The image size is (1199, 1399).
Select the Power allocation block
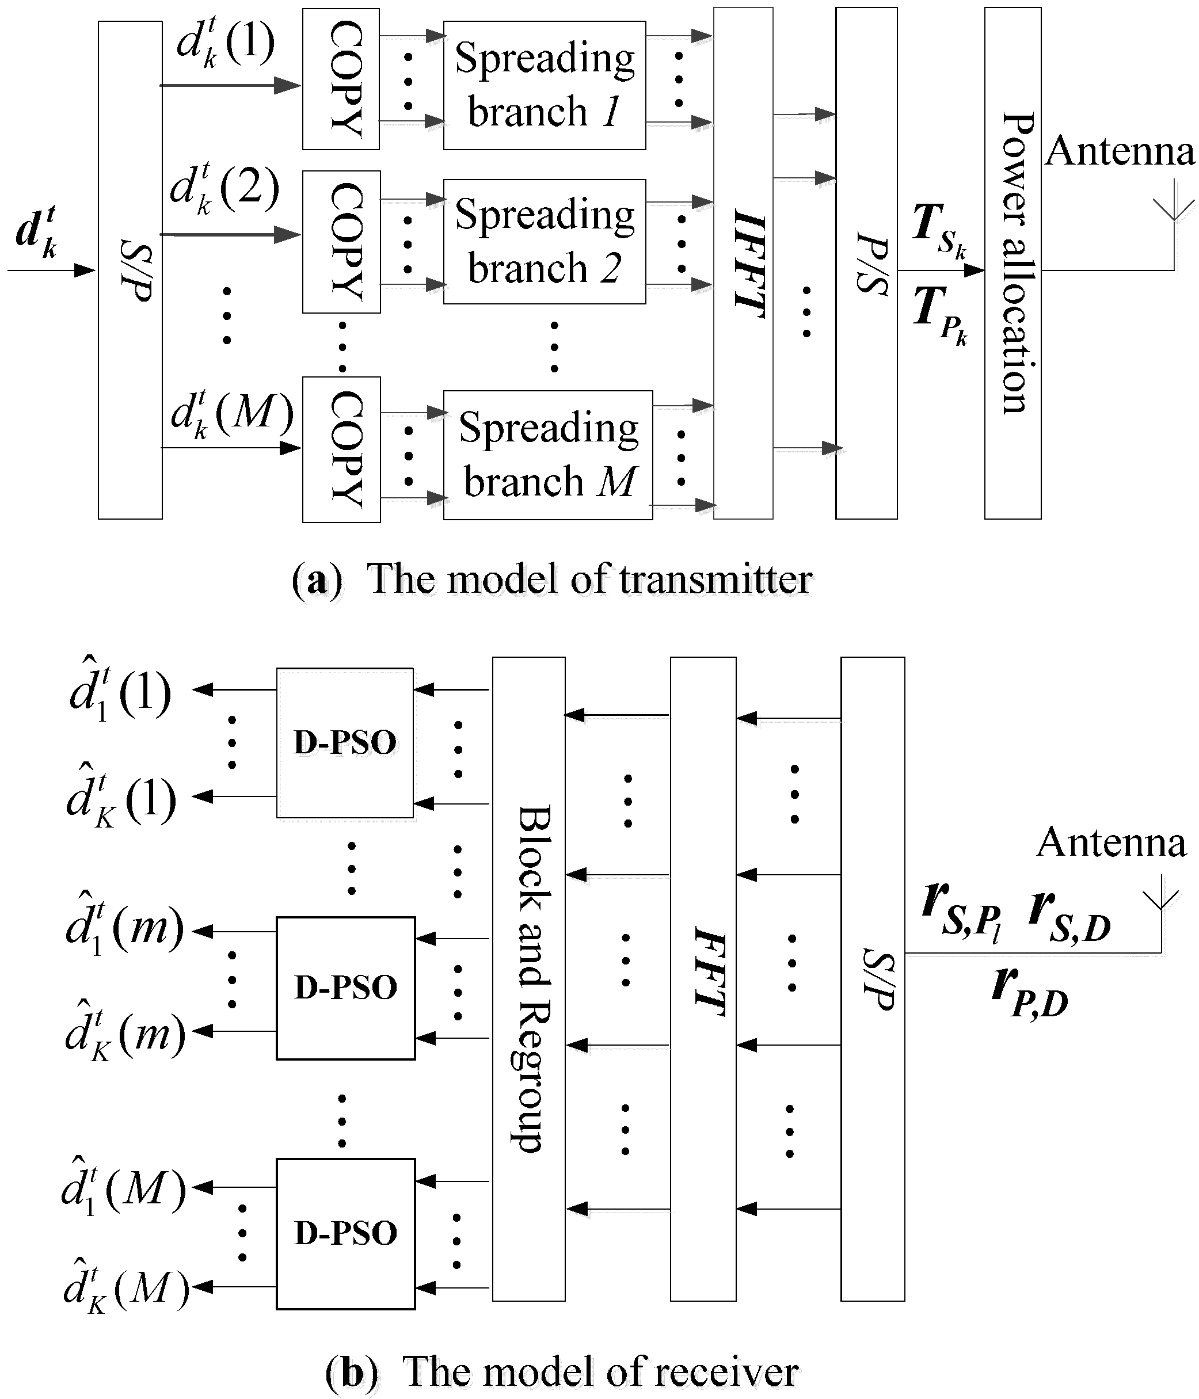[x=1013, y=264]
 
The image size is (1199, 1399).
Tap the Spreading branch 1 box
[x=545, y=85]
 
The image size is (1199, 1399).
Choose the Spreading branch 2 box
[x=545, y=241]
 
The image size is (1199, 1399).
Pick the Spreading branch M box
[x=548, y=455]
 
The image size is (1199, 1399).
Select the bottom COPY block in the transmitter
[x=342, y=449]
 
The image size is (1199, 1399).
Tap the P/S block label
[x=871, y=264]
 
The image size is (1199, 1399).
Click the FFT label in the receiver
[x=709, y=972]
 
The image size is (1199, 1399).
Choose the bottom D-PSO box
[x=345, y=1234]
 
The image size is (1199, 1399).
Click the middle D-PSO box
[x=345, y=988]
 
